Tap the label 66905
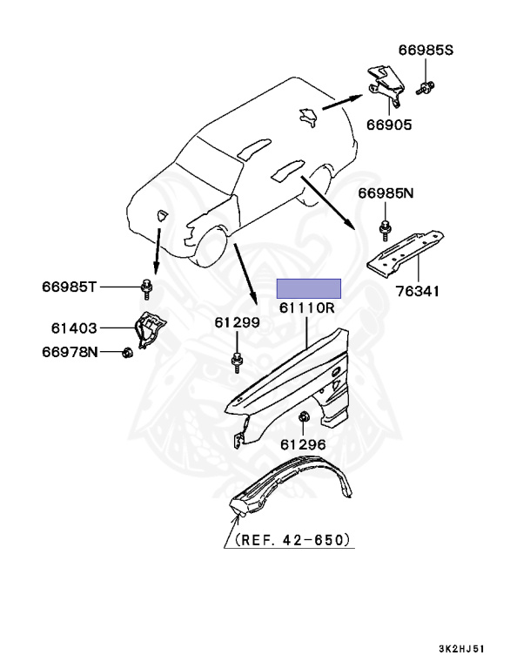[384, 125]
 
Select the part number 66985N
[383, 193]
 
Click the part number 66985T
[72, 286]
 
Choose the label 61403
[72, 329]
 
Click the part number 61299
[238, 323]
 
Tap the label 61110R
[307, 308]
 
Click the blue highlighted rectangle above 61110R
[308, 289]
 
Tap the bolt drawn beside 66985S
[426, 86]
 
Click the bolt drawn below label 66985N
[384, 229]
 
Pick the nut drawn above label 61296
[303, 419]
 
